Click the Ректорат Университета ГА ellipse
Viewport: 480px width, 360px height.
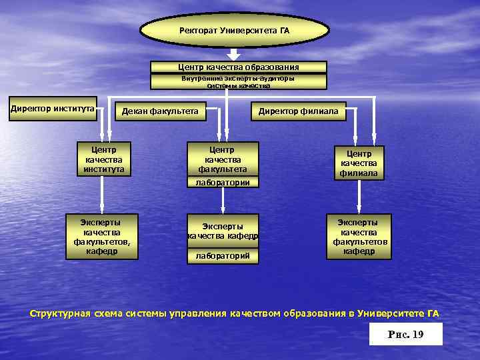(235, 31)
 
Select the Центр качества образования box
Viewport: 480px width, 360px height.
(238, 67)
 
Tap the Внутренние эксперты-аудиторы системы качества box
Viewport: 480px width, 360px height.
(238, 82)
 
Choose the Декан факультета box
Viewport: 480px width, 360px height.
(160, 111)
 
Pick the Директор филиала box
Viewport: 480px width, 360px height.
(298, 111)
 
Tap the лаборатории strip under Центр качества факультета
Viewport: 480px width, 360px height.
(222, 182)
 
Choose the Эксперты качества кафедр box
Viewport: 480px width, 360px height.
(222, 231)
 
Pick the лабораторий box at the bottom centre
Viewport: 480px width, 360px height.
(222, 255)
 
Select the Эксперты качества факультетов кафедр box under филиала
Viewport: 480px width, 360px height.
(359, 236)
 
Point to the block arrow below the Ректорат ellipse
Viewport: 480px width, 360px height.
(233, 54)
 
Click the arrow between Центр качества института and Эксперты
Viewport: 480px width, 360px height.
(101, 195)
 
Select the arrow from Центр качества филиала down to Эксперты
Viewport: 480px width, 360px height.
(359, 197)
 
